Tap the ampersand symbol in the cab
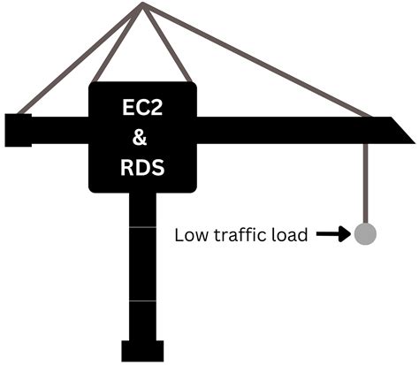142,138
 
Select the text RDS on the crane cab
142,167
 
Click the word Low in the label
189,235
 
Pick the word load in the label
291,235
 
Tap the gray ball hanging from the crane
365,234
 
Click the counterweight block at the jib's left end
18,129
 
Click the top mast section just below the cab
142,210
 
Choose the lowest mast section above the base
142,318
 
